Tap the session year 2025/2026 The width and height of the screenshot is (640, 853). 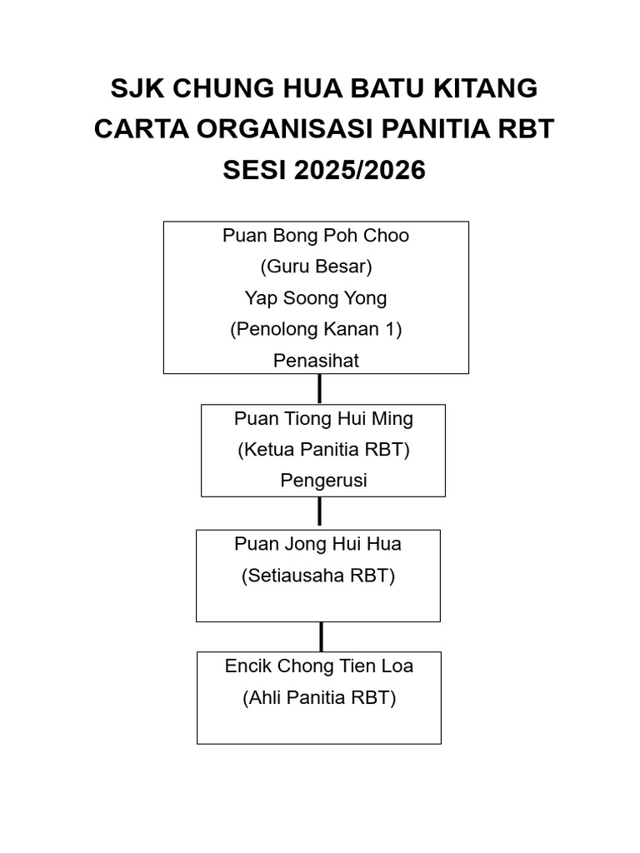pyautogui.click(x=358, y=171)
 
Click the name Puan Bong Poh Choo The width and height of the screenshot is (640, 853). pyautogui.click(x=316, y=236)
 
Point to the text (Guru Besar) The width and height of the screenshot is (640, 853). pyautogui.click(x=316, y=267)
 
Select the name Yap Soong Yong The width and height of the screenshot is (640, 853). pyautogui.click(x=316, y=298)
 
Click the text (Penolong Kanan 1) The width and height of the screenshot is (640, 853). pyautogui.click(x=316, y=329)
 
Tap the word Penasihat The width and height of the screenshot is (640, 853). pyautogui.click(x=316, y=361)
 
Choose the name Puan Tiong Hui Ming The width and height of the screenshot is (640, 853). pyautogui.click(x=323, y=418)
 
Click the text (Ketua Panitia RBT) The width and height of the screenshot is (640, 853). pyautogui.click(x=323, y=450)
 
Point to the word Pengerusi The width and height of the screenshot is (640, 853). pyautogui.click(x=323, y=481)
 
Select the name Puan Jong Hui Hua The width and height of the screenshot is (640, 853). pyautogui.click(x=318, y=544)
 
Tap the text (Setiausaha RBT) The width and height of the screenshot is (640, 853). pyautogui.click(x=318, y=576)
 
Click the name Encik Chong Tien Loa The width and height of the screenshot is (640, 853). pyautogui.click(x=319, y=666)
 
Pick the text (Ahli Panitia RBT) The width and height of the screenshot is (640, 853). pyautogui.click(x=319, y=698)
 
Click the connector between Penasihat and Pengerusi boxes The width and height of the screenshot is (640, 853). pyautogui.click(x=319, y=389)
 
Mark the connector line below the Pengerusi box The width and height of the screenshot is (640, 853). pyautogui.click(x=319, y=513)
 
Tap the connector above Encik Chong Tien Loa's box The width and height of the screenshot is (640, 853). pyautogui.click(x=321, y=636)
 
